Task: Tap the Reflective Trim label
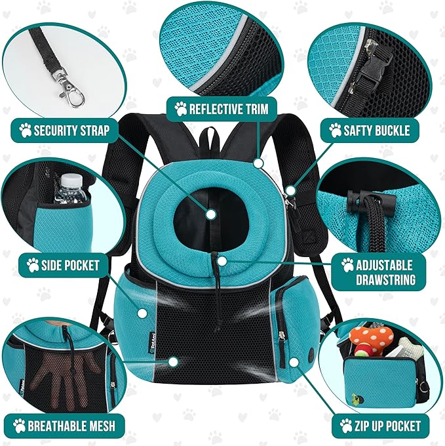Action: pos(221,108)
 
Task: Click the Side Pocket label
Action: pos(62,265)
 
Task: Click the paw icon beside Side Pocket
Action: pos(33,265)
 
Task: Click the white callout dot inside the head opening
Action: pos(211,213)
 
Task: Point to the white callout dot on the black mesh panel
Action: pos(173,361)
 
